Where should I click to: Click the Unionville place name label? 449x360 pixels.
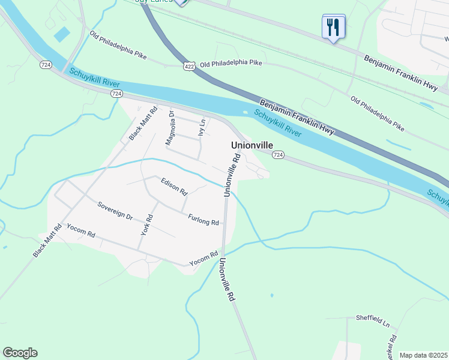(252, 145)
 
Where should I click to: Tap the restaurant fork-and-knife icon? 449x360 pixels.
(334, 26)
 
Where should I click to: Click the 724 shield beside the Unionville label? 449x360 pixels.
(277, 155)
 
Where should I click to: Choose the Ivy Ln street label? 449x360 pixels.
(202, 127)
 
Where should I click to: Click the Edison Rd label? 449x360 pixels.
(174, 187)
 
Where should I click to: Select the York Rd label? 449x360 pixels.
(146, 224)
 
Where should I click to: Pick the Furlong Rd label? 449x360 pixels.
(203, 220)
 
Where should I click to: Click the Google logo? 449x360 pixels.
(20, 352)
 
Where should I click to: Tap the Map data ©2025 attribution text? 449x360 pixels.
(423, 355)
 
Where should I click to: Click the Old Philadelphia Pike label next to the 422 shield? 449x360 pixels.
(231, 63)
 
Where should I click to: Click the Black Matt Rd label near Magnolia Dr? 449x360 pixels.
(142, 124)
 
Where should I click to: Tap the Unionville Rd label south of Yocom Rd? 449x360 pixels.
(226, 280)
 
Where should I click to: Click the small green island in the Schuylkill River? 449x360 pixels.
(245, 112)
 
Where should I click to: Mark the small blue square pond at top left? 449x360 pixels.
(61, 34)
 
